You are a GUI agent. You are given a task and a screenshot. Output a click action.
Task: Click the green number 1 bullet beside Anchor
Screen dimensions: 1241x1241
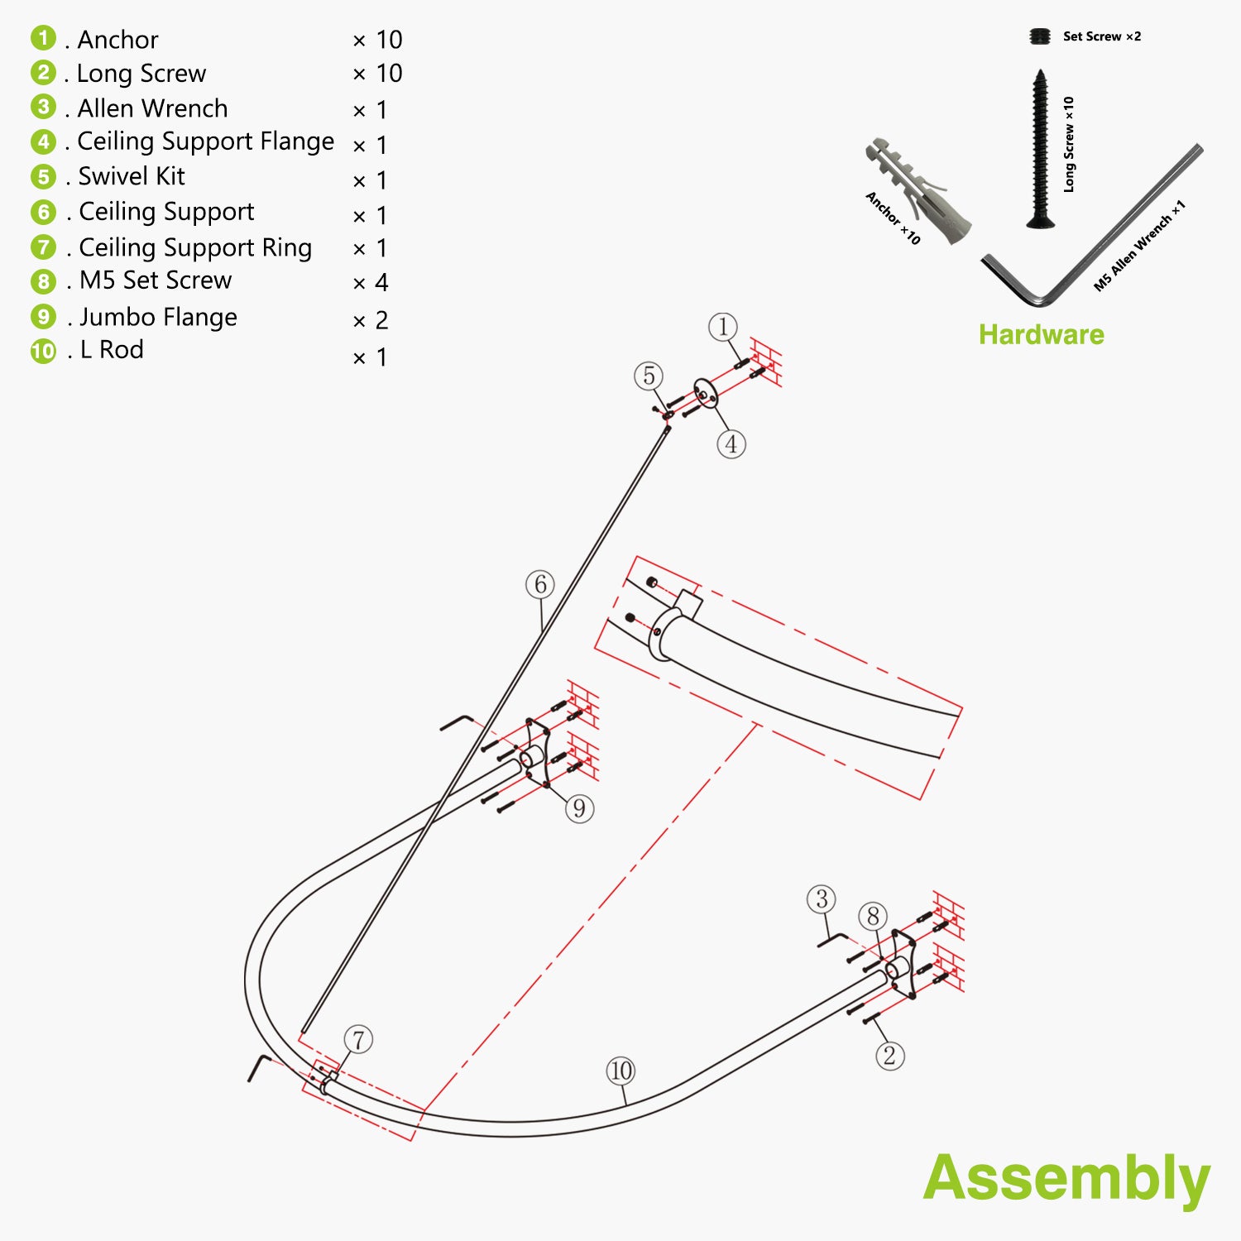[43, 38]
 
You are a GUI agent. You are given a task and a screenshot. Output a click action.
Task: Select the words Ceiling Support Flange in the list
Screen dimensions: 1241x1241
[205, 141]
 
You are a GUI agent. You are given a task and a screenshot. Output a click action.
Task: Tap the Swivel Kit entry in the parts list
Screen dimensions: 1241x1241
[131, 176]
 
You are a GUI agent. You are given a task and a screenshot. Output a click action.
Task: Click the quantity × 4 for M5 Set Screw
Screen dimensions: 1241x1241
[370, 283]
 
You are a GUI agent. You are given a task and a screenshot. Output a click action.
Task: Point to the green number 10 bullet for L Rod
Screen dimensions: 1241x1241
[43, 351]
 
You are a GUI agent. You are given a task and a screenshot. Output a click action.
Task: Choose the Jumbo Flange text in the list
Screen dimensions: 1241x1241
[158, 317]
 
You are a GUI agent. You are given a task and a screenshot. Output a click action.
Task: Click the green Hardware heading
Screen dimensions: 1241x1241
[1041, 334]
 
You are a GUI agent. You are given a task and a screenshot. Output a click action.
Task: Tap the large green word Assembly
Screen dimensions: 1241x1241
[1066, 1178]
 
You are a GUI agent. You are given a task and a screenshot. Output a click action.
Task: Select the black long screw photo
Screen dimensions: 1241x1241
[1040, 149]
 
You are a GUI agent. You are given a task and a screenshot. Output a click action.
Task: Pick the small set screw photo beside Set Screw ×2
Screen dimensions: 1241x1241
[1040, 36]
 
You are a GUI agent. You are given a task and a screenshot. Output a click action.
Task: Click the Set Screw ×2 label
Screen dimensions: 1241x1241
[1101, 36]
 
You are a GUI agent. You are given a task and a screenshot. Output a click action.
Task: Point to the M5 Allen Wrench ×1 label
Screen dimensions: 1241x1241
[1139, 247]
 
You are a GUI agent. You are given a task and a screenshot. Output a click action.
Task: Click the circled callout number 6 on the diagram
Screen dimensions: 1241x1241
[540, 585]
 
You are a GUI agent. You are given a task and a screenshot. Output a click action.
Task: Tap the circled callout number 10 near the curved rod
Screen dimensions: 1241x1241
[620, 1071]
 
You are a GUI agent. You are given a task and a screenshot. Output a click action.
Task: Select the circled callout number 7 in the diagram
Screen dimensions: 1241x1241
[358, 1040]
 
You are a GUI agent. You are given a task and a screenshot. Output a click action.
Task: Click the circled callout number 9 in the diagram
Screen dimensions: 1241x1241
[579, 807]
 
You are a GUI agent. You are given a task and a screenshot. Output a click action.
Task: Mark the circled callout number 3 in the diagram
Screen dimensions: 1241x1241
[822, 899]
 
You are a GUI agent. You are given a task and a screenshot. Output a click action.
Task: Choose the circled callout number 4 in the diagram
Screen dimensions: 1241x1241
[731, 444]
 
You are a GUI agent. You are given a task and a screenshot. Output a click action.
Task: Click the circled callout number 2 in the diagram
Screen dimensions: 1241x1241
[889, 1056]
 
